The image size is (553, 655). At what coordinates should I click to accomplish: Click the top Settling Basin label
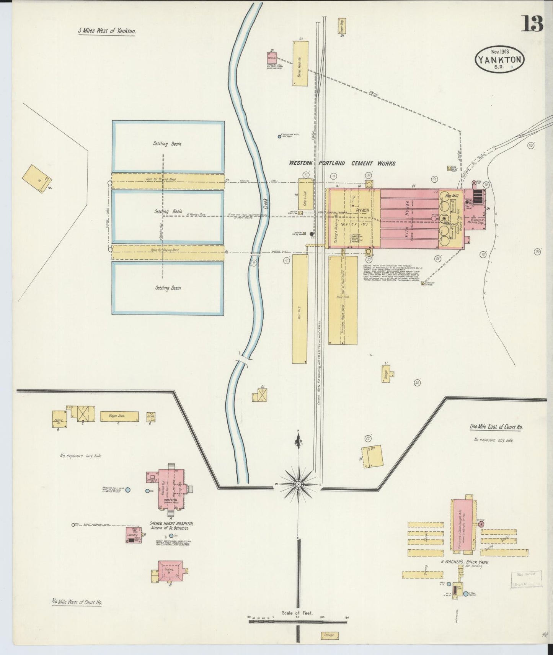click(x=168, y=144)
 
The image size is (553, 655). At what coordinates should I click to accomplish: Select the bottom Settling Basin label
click(x=168, y=288)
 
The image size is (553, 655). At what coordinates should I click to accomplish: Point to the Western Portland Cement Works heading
click(x=342, y=164)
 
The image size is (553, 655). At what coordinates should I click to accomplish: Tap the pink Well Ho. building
click(x=272, y=58)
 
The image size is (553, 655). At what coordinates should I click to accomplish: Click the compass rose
click(x=298, y=485)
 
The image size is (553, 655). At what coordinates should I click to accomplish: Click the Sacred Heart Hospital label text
click(x=171, y=523)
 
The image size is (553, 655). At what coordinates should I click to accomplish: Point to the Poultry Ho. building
click(x=59, y=420)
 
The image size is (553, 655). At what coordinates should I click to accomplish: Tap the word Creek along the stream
click(x=265, y=202)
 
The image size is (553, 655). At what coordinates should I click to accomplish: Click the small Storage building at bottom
click(x=329, y=635)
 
